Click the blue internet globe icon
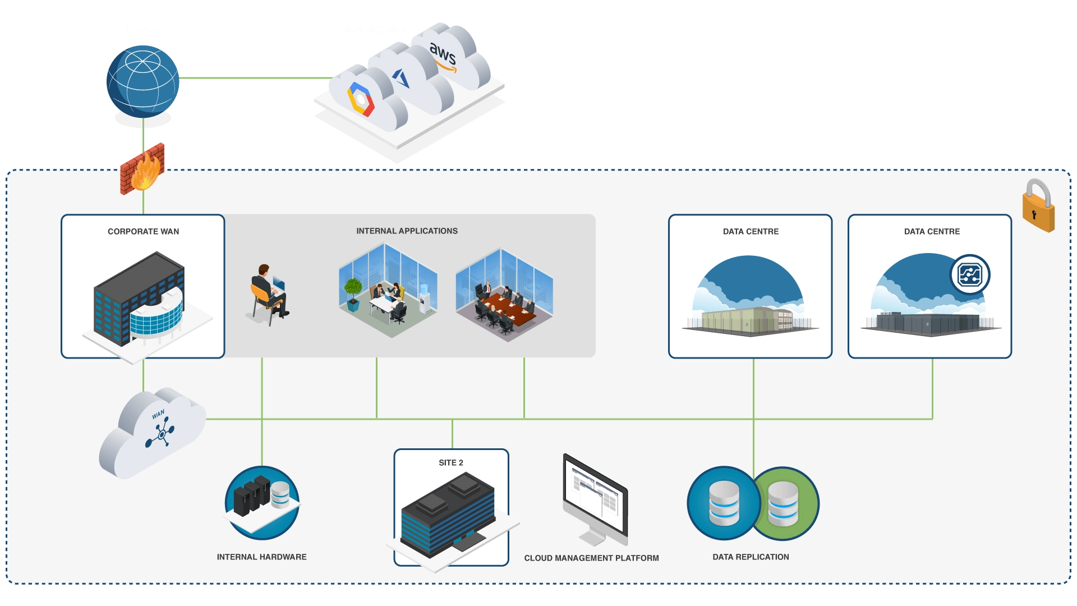143,82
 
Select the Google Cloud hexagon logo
361,99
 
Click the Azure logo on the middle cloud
401,78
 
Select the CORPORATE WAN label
143,231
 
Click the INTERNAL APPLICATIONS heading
407,231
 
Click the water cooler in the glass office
425,299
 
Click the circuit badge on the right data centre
970,274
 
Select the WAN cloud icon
153,432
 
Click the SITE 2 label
451,462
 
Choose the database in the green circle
783,503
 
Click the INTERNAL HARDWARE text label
261,557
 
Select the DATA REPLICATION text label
751,557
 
